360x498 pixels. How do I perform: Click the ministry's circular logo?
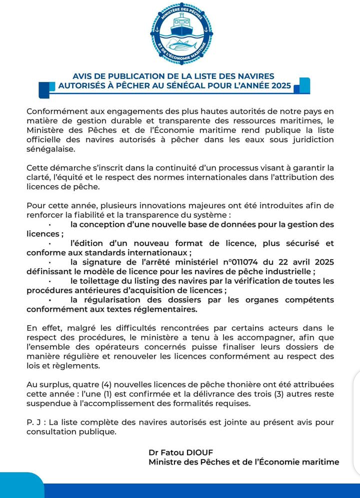(180, 34)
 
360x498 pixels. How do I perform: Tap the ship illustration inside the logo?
(180, 26)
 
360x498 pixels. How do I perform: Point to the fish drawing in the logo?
(180, 46)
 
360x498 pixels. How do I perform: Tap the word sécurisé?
(296, 243)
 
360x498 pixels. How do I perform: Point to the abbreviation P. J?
(34, 422)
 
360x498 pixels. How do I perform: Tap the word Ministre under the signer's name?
(165, 462)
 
